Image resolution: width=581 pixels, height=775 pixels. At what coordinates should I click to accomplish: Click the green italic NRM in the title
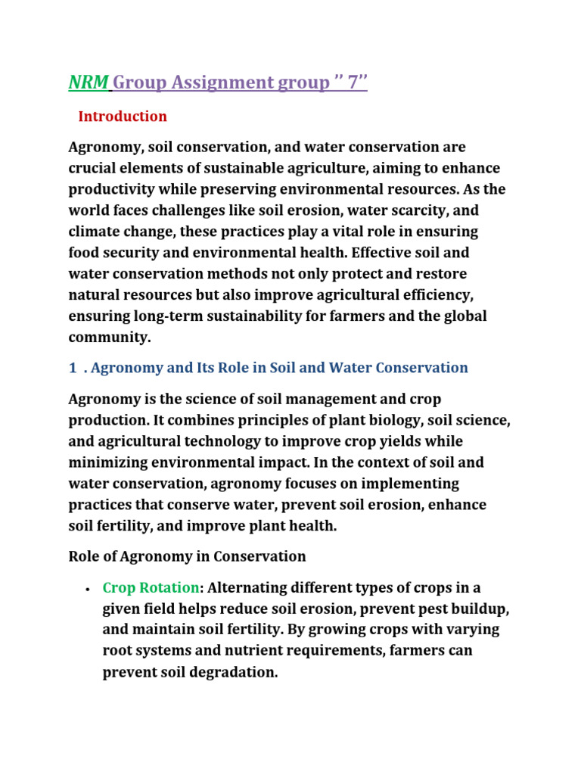click(89, 82)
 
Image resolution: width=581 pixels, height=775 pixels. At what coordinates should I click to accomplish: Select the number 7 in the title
click(352, 82)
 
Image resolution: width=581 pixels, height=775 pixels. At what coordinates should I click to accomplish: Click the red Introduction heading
click(123, 117)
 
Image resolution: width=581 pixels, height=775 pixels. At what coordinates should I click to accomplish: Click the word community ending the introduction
click(106, 337)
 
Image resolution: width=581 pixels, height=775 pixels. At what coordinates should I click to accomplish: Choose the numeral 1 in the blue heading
click(73, 368)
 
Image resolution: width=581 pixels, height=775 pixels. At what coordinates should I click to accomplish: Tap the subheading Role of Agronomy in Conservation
click(187, 556)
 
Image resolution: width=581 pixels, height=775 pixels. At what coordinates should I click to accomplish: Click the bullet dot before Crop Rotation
click(89, 589)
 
